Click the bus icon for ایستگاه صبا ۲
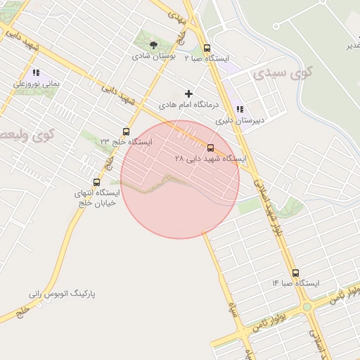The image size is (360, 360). (x=206, y=49)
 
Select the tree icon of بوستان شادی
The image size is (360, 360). (x=154, y=45)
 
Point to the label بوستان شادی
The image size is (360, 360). (x=155, y=56)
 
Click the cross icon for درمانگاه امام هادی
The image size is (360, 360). (x=188, y=94)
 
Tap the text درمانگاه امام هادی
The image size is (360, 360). (x=189, y=104)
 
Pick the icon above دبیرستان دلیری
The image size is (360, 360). (x=240, y=109)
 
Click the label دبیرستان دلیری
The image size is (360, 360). (x=240, y=120)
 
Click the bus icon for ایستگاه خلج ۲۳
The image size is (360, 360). (x=126, y=131)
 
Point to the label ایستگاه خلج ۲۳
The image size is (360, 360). (x=127, y=141)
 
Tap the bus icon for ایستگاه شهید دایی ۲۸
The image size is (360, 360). (x=211, y=148)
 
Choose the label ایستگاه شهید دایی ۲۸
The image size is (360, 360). (x=211, y=159)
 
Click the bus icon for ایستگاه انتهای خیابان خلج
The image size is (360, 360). (x=96, y=182)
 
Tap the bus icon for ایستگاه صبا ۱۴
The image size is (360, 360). (x=295, y=273)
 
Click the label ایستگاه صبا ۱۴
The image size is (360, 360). (x=295, y=283)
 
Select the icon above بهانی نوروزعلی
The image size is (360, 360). (x=35, y=72)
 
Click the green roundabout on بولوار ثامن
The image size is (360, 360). (x=307, y=307)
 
